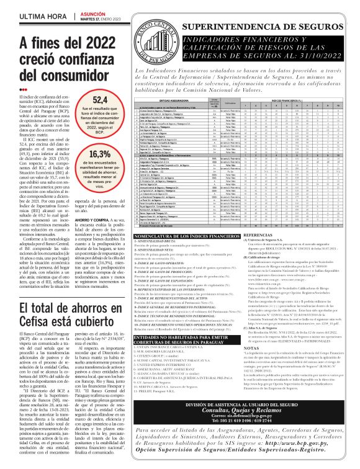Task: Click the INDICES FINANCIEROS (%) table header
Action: (x=286, y=99)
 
